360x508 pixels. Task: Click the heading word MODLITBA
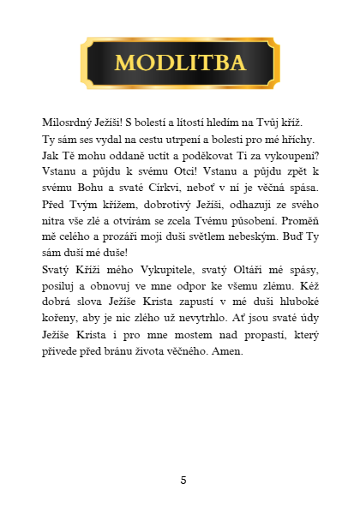[180, 63]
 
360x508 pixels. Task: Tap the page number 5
[183, 480]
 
